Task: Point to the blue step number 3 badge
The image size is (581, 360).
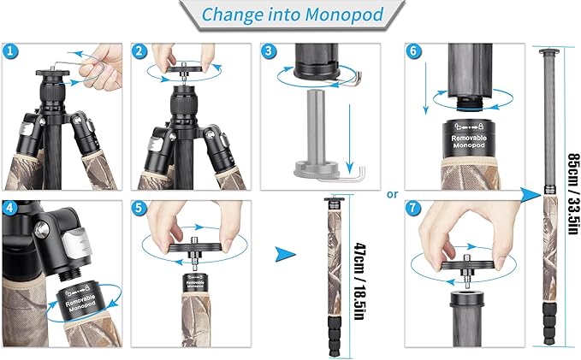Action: tap(270, 52)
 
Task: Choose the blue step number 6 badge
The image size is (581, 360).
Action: tap(415, 52)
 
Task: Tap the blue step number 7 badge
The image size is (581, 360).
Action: tap(415, 208)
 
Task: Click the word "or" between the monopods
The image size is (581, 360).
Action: tap(393, 193)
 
